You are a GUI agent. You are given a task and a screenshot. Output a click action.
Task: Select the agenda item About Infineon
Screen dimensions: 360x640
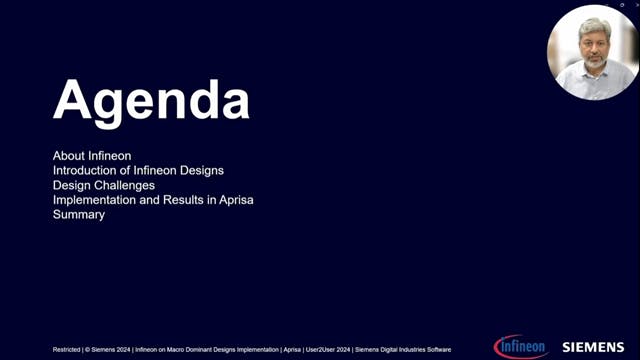tap(92, 156)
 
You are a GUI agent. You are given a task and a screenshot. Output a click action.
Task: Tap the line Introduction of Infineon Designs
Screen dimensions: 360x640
tap(138, 171)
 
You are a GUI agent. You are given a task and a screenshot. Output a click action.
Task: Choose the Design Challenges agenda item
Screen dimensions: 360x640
tap(104, 186)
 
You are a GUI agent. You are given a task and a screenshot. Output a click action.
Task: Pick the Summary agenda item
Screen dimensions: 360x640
tap(79, 215)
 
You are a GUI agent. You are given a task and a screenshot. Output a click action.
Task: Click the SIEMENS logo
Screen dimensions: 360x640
tap(593, 347)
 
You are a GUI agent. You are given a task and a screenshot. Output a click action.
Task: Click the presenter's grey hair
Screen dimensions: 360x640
tap(594, 24)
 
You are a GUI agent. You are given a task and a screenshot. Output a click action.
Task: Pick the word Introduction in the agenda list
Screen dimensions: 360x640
tap(87, 171)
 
